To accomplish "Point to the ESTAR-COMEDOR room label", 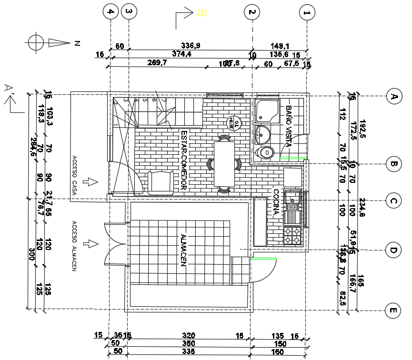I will point(184,160).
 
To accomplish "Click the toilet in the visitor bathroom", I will point(265,152).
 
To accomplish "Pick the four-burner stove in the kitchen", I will point(293,236).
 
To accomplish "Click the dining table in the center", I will point(224,164).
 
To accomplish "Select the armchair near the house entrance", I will point(161,182).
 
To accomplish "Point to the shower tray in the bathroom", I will point(268,110).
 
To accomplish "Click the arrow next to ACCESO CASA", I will point(90,181).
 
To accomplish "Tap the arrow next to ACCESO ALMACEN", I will point(90,243).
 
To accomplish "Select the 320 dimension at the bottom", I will point(189,336).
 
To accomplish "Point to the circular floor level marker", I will point(233,123).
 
